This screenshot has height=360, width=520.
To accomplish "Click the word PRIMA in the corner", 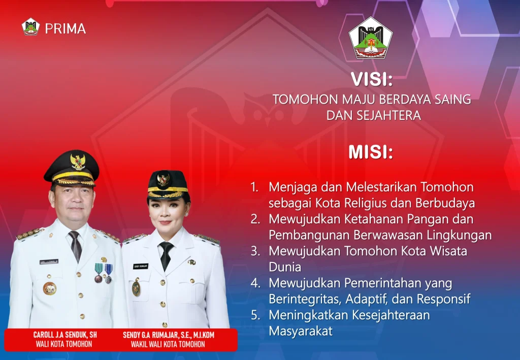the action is click(x=66, y=28).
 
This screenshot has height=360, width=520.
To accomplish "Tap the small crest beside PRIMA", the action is click(x=30, y=27).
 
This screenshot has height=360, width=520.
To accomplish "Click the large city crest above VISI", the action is click(x=370, y=38).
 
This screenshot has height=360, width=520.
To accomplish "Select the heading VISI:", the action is click(x=371, y=79).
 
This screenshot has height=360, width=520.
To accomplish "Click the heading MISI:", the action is click(x=371, y=152).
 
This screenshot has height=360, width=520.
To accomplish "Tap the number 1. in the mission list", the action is click(x=254, y=187).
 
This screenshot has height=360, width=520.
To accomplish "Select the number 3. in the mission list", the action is click(x=255, y=251).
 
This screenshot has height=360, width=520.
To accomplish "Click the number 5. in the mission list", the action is click(x=255, y=315).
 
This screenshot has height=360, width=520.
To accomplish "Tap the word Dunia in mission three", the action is click(x=285, y=267).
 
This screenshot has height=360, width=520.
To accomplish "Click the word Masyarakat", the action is click(x=301, y=331).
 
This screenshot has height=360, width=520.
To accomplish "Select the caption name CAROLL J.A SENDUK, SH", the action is click(x=65, y=335).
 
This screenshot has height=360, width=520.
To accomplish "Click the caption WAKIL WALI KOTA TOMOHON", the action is click(x=168, y=344).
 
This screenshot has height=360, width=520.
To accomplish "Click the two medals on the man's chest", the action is click(x=103, y=273).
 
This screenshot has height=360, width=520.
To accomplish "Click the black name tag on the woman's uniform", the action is click(x=141, y=266).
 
